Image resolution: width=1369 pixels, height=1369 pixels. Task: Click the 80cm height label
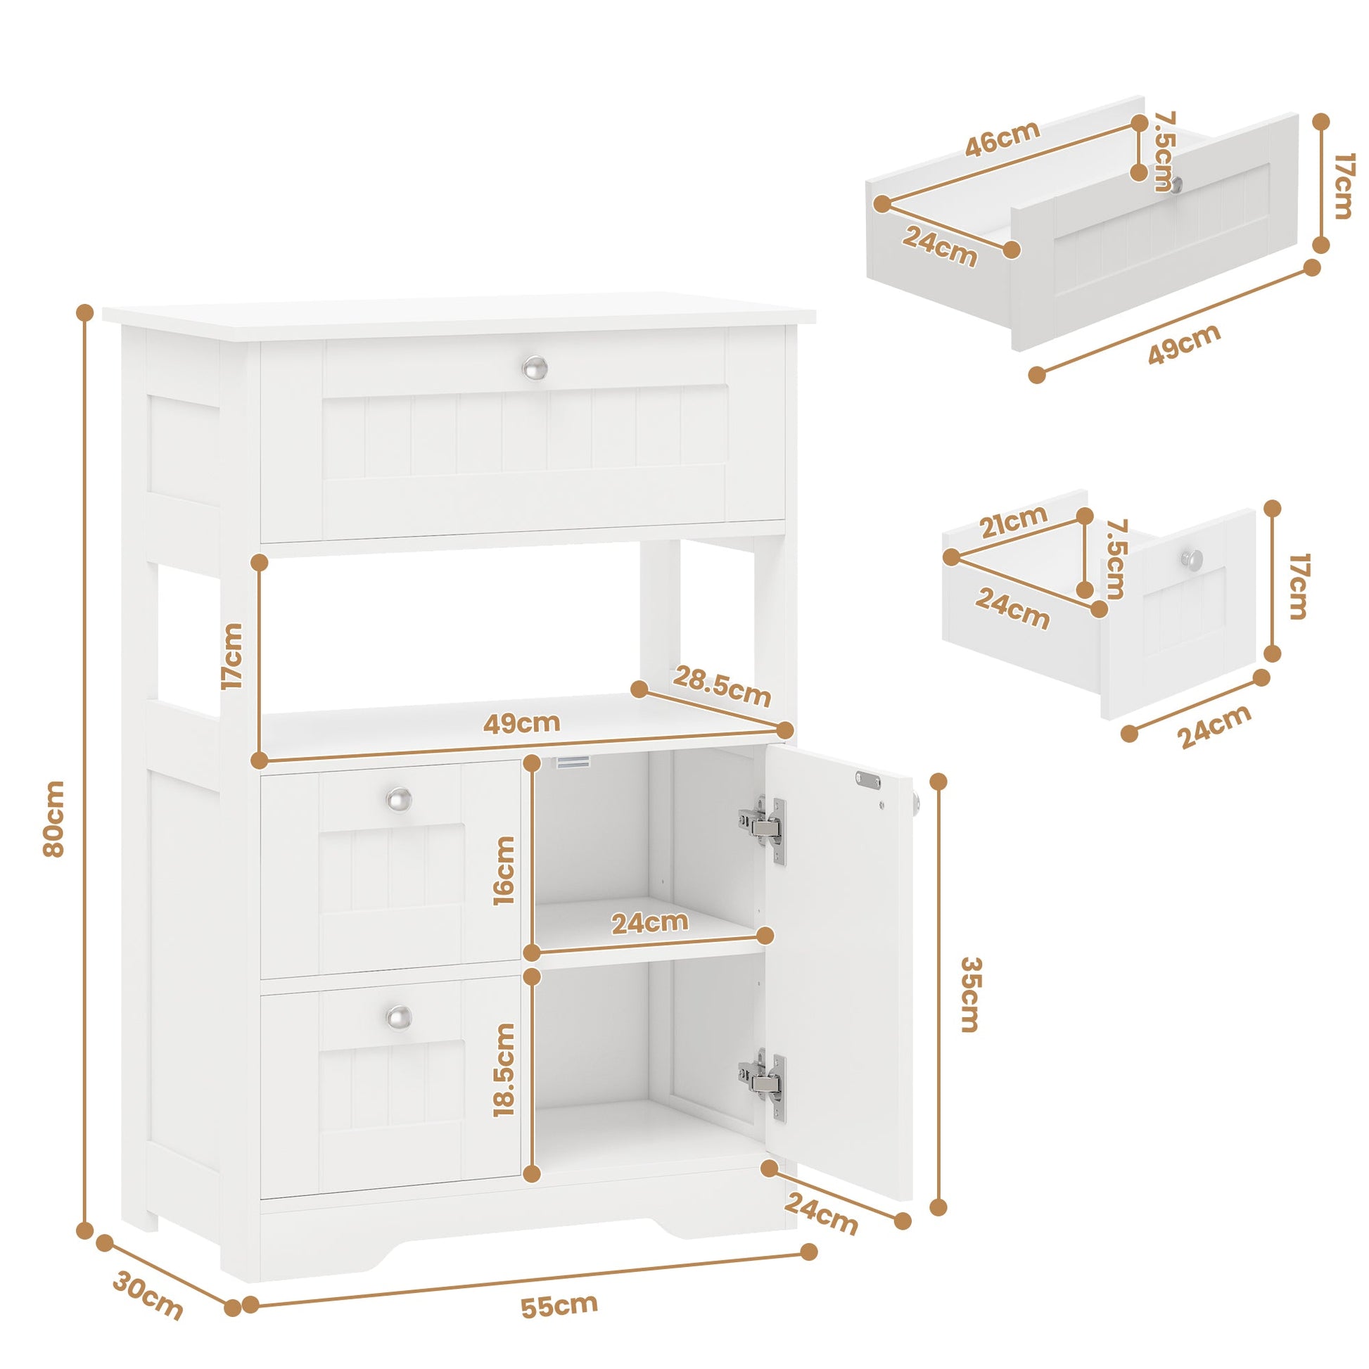point(54,818)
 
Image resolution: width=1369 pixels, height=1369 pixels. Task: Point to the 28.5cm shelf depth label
point(721,687)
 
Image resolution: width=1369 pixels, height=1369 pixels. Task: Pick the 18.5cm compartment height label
point(504,1119)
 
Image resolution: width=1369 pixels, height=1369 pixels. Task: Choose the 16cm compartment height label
point(504,871)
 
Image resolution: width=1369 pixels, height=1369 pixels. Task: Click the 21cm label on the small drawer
point(1013,521)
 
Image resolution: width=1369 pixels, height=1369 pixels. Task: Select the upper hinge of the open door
point(764,830)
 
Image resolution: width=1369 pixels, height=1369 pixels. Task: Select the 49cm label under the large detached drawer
point(1184,345)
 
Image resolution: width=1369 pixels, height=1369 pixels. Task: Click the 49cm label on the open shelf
point(521,722)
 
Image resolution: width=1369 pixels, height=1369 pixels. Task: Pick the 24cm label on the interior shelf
point(650,922)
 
